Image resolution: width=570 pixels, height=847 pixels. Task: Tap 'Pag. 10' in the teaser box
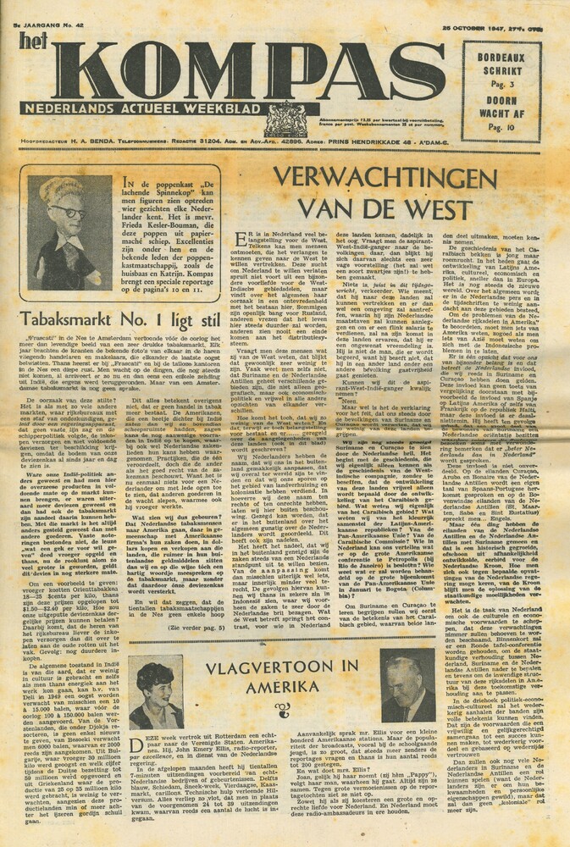(x=515, y=128)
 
